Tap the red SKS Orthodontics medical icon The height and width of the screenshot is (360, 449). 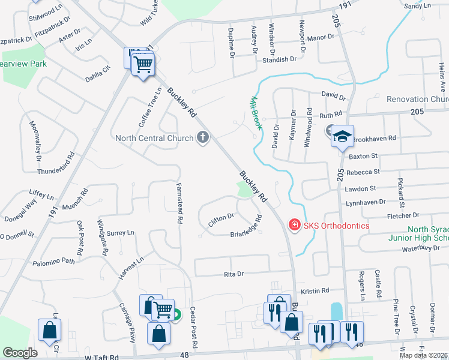[x=294, y=225]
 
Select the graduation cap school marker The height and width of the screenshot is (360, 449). [x=342, y=136]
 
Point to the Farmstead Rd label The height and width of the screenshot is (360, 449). [x=178, y=203]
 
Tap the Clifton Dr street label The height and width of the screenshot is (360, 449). [x=221, y=218]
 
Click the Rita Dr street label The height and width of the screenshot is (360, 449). [x=232, y=274]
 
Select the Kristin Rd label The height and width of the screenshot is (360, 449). [x=316, y=290]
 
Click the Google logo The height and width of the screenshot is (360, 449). [x=20, y=353]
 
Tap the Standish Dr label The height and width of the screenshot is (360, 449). [x=279, y=59]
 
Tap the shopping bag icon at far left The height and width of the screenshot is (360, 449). [x=49, y=329]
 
